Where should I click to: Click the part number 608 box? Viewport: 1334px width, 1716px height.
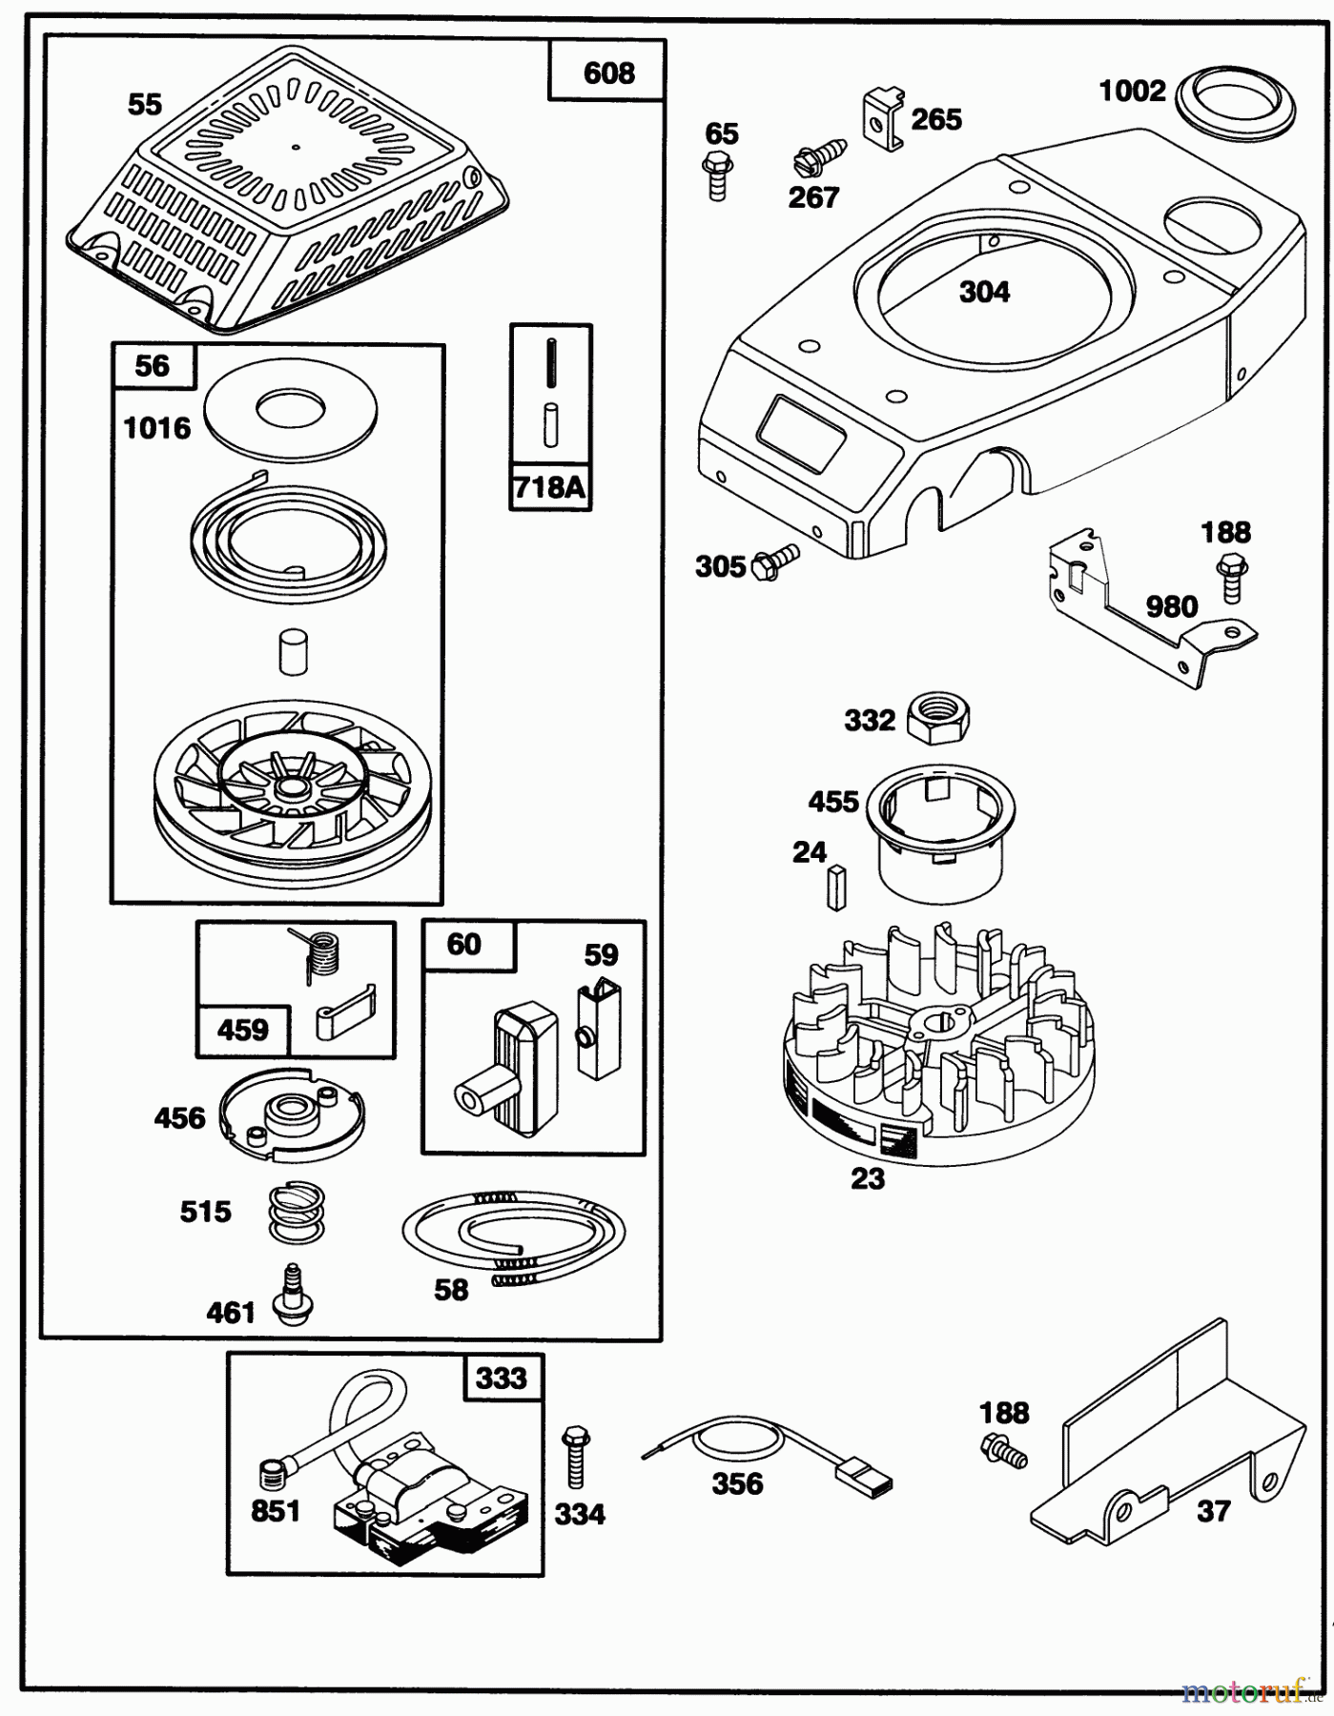607,72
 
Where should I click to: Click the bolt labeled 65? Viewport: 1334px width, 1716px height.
719,178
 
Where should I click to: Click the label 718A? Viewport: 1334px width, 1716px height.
550,487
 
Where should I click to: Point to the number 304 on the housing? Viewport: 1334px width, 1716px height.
984,292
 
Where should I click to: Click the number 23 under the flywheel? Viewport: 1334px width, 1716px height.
868,1178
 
